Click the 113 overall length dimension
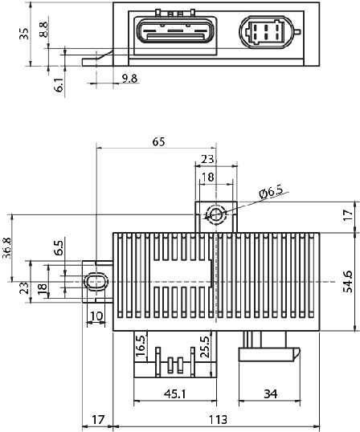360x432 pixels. tap(218, 420)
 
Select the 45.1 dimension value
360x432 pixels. tap(175, 394)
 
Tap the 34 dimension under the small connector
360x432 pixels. tap(271, 394)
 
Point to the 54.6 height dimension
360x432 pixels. tap(348, 281)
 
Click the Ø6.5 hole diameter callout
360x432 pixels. tap(272, 192)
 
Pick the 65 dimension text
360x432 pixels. tap(159, 142)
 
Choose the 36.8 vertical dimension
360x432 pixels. tap(7, 247)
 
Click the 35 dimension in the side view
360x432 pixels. tap(24, 34)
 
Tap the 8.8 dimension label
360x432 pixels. tap(43, 30)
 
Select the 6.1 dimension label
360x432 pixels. tap(59, 84)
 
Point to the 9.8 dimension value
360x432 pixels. tap(129, 79)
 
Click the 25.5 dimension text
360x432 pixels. tap(206, 347)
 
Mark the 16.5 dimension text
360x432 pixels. tap(141, 346)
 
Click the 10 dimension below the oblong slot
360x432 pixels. tap(96, 316)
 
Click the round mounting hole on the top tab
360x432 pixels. tap(216, 214)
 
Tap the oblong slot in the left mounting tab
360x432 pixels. tap(96, 282)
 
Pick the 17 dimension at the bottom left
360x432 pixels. tap(98, 420)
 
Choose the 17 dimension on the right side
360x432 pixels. tap(349, 214)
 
